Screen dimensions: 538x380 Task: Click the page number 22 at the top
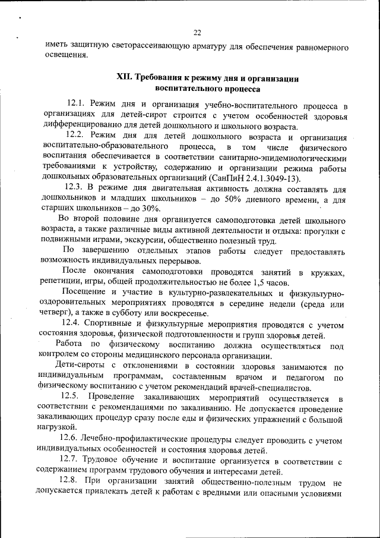point(197,32)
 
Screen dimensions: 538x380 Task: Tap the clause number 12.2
point(78,136)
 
